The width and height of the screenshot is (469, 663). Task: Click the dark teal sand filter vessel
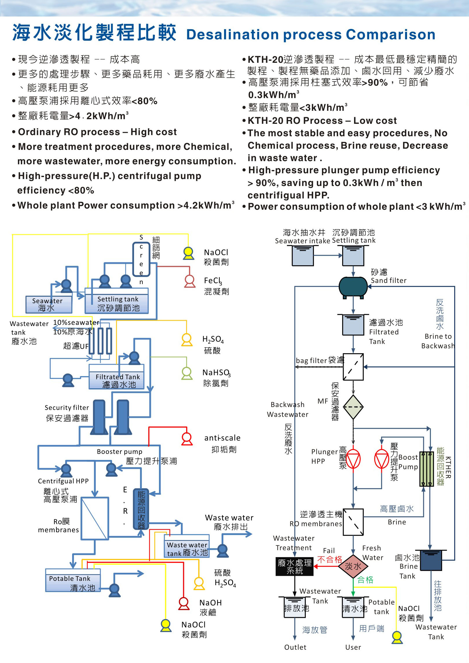click(x=353, y=287)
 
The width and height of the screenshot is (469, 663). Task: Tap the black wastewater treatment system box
click(x=294, y=566)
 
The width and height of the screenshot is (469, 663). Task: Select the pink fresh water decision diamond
click(x=353, y=566)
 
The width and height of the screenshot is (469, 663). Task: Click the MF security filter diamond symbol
click(x=353, y=407)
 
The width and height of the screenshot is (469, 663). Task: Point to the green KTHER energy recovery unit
click(x=426, y=469)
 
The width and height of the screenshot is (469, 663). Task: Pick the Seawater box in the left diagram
click(x=48, y=305)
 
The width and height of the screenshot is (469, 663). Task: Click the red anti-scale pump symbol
click(x=187, y=438)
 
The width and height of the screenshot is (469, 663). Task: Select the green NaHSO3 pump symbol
click(x=187, y=373)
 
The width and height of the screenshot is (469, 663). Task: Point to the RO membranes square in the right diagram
click(x=353, y=522)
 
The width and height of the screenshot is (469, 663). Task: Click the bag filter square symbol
click(x=353, y=367)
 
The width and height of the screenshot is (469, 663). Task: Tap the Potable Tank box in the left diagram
click(x=73, y=580)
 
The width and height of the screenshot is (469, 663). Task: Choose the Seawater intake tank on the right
click(x=303, y=256)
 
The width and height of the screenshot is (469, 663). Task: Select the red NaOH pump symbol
click(x=184, y=603)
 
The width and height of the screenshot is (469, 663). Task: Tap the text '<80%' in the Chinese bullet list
click(x=145, y=101)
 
